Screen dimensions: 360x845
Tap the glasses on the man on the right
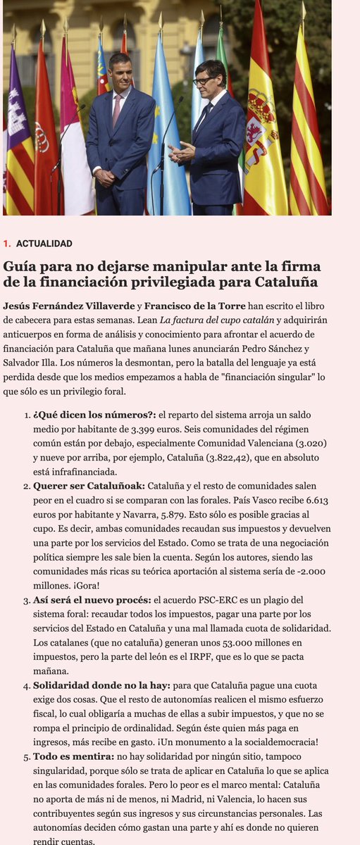[x=205, y=80]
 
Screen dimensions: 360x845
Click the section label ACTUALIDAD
[x=44, y=244]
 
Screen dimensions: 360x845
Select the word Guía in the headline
[x=20, y=266]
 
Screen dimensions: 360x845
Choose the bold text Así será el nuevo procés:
[x=92, y=599]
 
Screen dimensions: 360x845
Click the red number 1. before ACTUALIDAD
[x=6, y=244]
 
